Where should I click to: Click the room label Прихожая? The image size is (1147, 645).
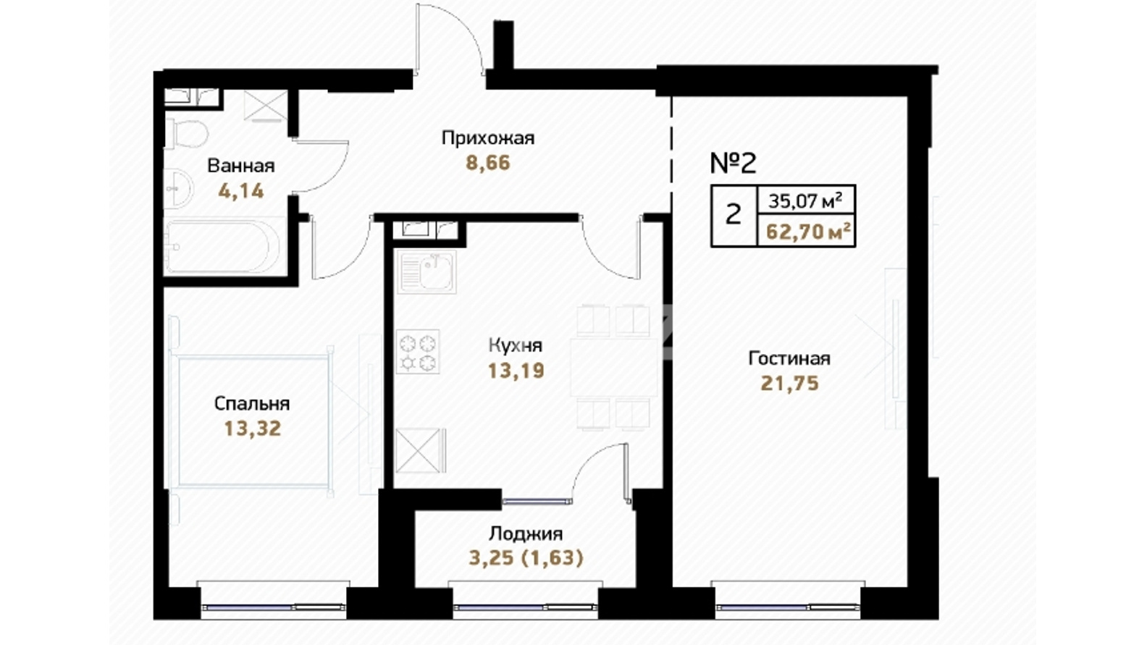[488, 138]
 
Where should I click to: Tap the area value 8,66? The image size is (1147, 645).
[488, 164]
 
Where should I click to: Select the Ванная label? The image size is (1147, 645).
[241, 166]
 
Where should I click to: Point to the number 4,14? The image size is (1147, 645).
[241, 191]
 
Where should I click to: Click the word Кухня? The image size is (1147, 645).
[516, 345]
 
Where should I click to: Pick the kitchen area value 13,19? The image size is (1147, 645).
[516, 371]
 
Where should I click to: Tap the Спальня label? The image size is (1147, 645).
[252, 403]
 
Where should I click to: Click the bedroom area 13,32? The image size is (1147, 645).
[253, 429]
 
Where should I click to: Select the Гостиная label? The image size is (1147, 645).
[789, 358]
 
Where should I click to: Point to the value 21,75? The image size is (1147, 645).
[789, 384]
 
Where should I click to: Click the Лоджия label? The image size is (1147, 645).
[526, 534]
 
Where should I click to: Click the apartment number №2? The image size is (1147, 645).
[734, 164]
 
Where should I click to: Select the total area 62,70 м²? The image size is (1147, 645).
[809, 232]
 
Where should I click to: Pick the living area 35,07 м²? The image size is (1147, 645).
[805, 201]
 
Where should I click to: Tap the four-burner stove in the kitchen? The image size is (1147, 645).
[418, 352]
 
